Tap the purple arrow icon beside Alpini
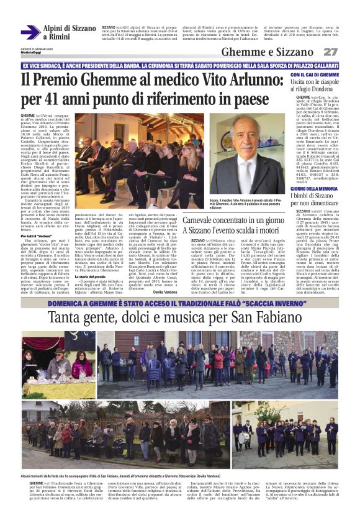pos(30,32)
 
